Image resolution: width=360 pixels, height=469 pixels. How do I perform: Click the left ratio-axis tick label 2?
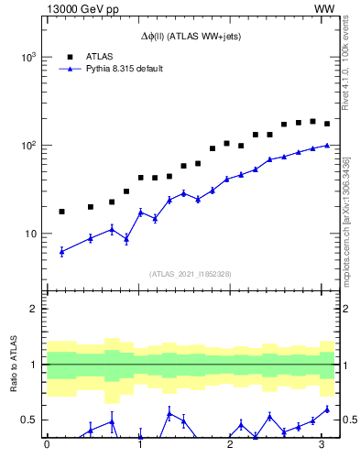[35, 309]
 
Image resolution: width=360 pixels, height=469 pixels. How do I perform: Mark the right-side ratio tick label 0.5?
[350, 420]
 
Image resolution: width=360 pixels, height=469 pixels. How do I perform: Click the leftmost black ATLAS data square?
[61, 212]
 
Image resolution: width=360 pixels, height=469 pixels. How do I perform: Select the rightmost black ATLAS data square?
[327, 124]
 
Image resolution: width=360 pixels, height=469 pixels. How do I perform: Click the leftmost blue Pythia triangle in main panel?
[61, 252]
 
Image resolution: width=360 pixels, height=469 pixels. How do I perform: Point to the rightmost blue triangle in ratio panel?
[327, 409]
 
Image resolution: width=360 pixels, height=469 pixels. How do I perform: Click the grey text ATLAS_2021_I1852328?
[191, 274]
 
